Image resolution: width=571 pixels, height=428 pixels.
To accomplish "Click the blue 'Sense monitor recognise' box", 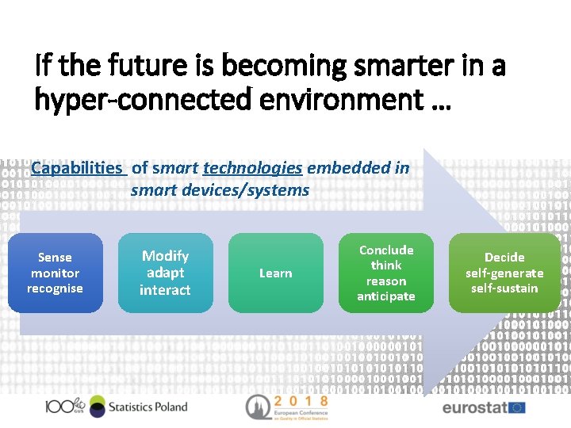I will [x=55, y=273].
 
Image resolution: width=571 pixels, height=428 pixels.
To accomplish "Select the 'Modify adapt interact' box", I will [x=165, y=273].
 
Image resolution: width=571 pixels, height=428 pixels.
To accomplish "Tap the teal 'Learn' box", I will [x=275, y=273].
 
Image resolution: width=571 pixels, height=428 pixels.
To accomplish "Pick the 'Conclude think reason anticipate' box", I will [x=386, y=273].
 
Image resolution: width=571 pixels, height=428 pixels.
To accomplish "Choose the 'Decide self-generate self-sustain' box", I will [x=504, y=273].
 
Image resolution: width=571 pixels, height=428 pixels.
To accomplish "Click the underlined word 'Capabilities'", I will [x=77, y=167].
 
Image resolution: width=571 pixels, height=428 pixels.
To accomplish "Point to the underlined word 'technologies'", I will [x=252, y=167].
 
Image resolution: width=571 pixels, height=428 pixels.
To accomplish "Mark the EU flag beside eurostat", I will [x=516, y=407].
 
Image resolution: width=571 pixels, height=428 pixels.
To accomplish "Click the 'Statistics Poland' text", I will [x=148, y=407].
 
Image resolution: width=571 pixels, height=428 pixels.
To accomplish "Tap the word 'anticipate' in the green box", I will [x=386, y=296].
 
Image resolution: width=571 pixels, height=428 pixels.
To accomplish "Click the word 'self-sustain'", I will [x=504, y=289].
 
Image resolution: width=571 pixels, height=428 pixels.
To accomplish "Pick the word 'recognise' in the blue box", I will [x=55, y=289].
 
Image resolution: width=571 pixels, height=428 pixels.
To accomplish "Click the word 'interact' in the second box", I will [x=165, y=290].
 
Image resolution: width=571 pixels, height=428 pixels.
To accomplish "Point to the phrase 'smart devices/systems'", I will [x=220, y=190].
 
